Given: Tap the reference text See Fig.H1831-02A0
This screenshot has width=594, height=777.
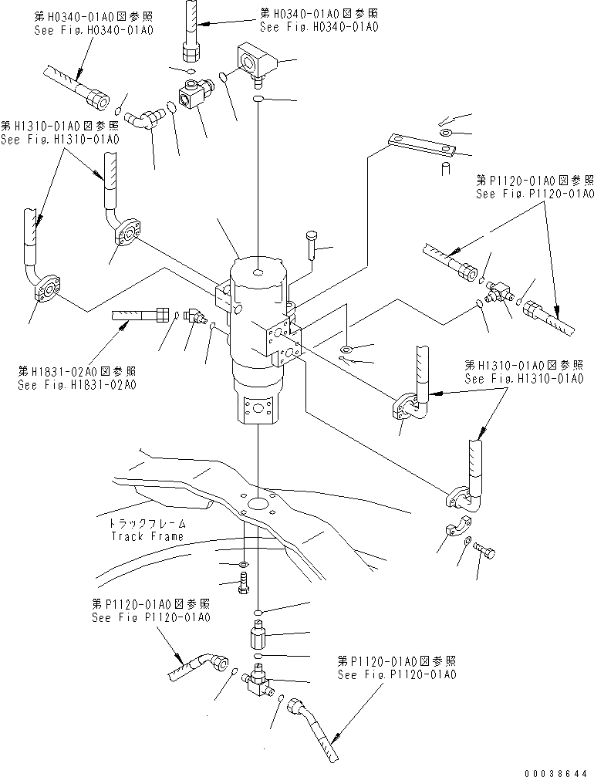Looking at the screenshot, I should pos(77,384).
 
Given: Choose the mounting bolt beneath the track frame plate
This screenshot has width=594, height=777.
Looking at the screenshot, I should pos(244,588).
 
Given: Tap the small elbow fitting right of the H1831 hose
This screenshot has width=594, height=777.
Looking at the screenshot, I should pos(194,317).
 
